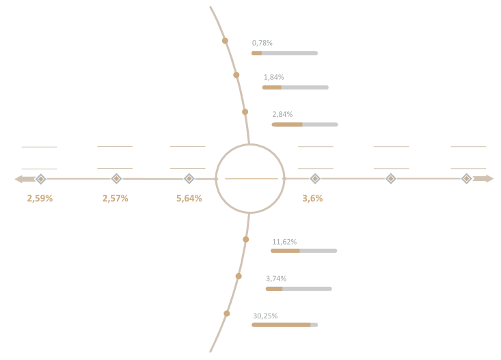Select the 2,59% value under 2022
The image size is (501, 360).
40,198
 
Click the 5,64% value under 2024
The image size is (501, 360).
189,198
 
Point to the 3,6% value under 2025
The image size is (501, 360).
312,198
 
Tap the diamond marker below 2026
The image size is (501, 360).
390,178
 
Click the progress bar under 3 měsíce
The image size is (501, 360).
295,87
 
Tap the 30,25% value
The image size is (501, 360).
263,316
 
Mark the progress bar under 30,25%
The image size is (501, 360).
285,325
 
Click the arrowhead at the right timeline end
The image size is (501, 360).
489,178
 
